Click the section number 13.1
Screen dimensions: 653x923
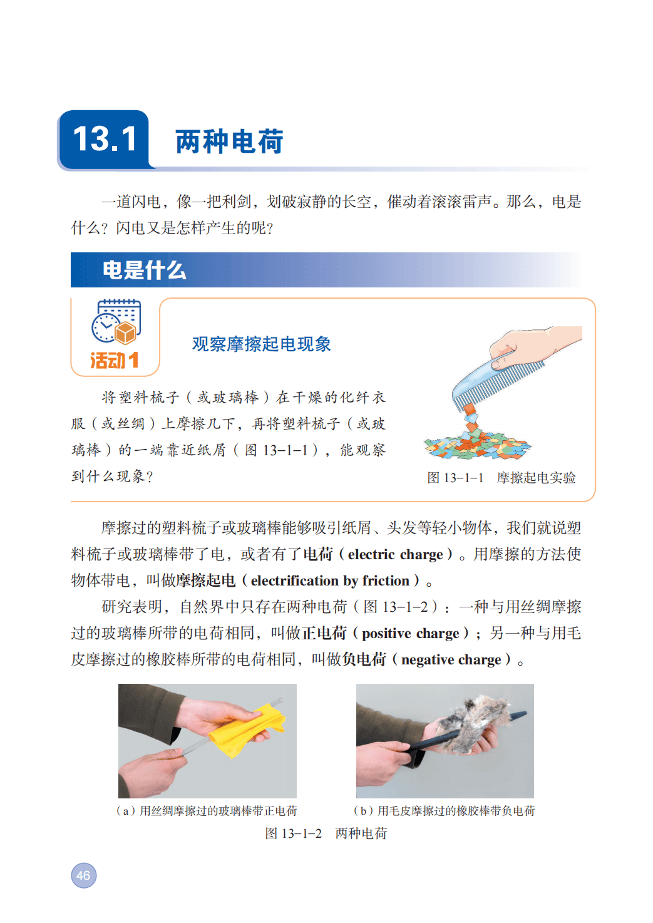pos(104,139)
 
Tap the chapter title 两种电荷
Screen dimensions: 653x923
pos(230,142)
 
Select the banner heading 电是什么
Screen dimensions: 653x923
pos(144,271)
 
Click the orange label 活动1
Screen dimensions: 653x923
pos(114,360)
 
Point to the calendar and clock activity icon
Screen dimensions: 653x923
pos(116,321)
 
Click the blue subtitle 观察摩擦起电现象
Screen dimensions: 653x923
pos(262,344)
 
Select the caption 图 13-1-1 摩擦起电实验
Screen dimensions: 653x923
pos(501,478)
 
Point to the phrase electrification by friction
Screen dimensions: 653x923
pos(330,581)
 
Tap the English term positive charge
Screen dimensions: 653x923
pos(410,633)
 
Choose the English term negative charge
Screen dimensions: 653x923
pos(451,660)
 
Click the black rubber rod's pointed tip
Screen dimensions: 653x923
pos(526,713)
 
